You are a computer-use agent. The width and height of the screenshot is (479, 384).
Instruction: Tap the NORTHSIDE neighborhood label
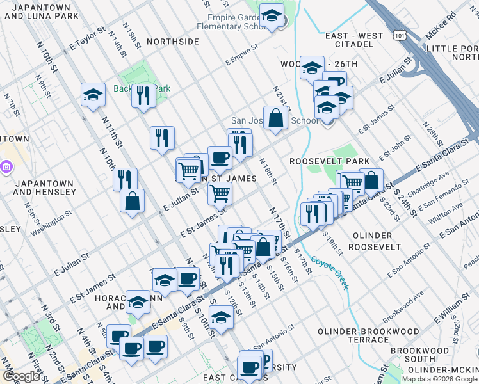point(172,42)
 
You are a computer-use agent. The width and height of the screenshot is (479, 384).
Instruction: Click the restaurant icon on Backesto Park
point(143,95)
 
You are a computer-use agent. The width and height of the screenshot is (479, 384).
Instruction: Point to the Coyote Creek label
point(330,273)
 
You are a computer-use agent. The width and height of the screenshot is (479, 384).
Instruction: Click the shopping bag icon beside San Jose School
point(275,118)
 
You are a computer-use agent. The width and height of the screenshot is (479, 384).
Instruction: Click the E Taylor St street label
point(88,39)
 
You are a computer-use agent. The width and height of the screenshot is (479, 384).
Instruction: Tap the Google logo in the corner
point(20,376)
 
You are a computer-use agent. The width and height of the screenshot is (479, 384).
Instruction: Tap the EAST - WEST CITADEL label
point(348,40)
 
